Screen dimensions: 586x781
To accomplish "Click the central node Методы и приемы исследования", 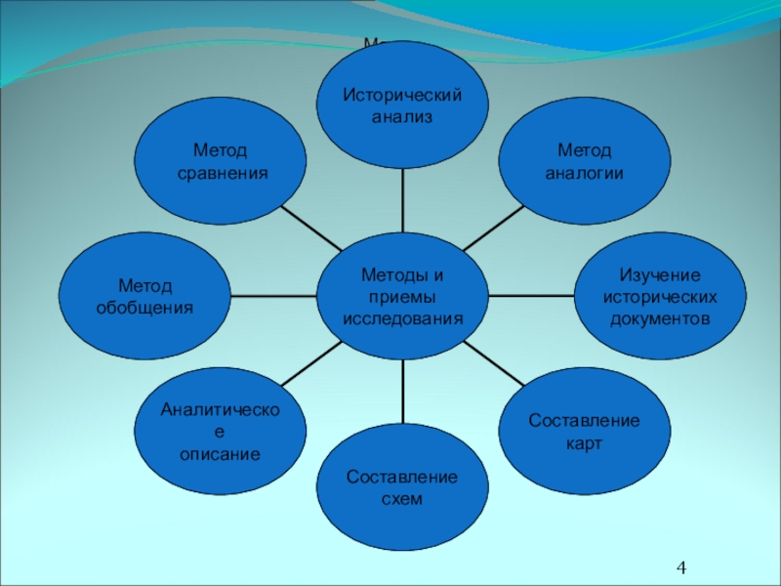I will coord(402,295).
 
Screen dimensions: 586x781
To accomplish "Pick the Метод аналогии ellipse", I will coord(585,160).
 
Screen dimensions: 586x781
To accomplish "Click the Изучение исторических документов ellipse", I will coord(660,296).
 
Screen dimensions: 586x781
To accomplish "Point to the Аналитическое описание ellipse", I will coord(220,431).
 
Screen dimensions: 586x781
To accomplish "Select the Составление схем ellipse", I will coord(402,487).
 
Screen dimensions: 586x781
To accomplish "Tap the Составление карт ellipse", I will coord(585,431).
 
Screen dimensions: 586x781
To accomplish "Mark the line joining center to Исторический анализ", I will coord(402,200).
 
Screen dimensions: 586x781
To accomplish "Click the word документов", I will coord(660,319).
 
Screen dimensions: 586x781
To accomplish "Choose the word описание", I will coord(220,454).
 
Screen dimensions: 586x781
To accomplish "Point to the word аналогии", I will coord(585,173).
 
